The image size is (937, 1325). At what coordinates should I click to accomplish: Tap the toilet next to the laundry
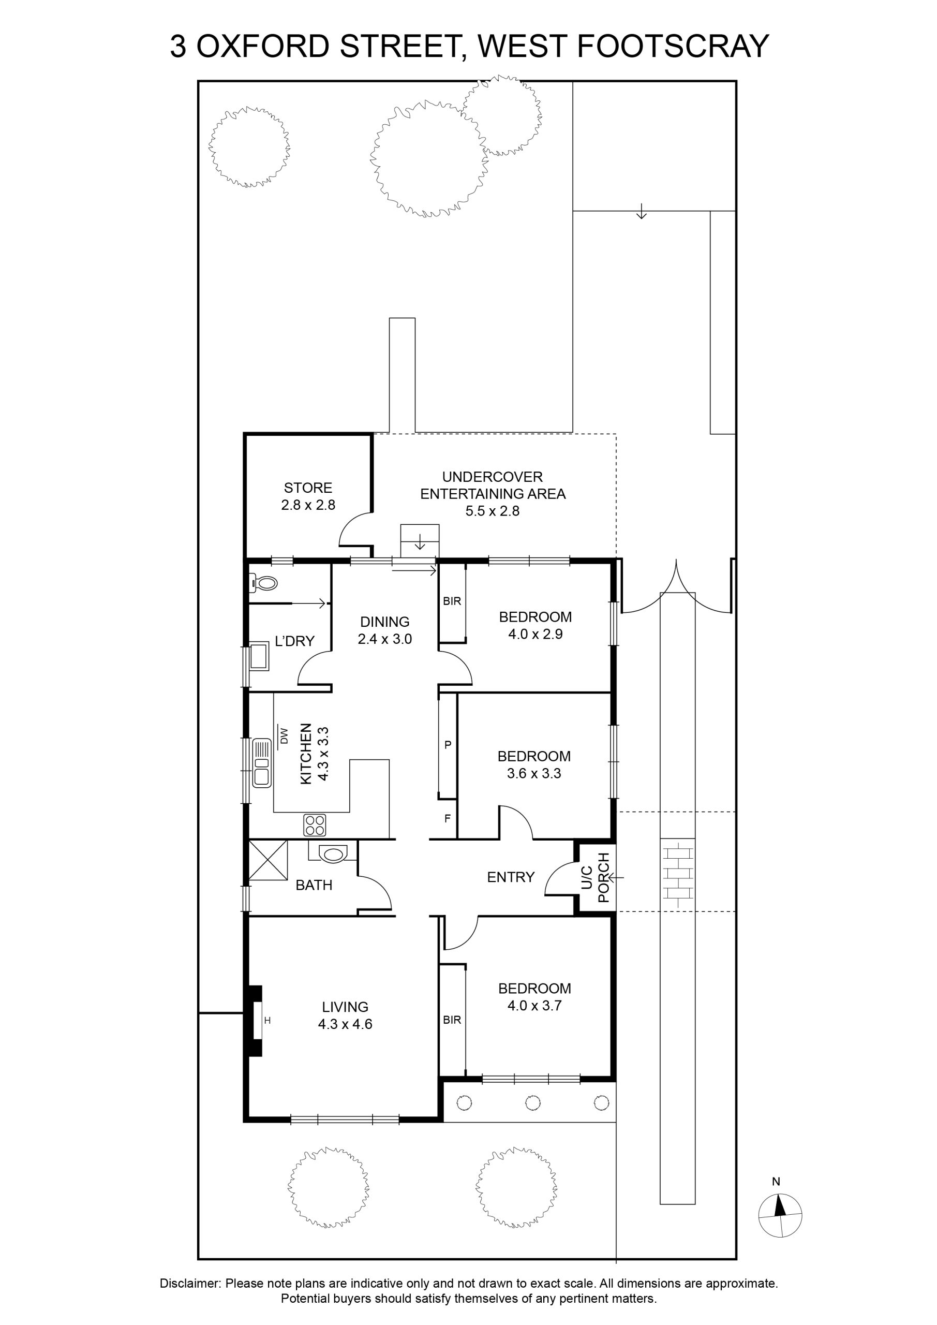(264, 583)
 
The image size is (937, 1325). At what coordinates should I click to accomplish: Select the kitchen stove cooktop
(315, 825)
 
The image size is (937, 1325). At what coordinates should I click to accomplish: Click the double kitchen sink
(262, 762)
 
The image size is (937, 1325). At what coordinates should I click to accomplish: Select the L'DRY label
(295, 641)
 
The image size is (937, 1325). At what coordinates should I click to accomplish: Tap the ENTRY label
(511, 877)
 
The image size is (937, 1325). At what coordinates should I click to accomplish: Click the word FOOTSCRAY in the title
(673, 46)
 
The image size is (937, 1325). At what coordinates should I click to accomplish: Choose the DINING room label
(385, 622)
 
